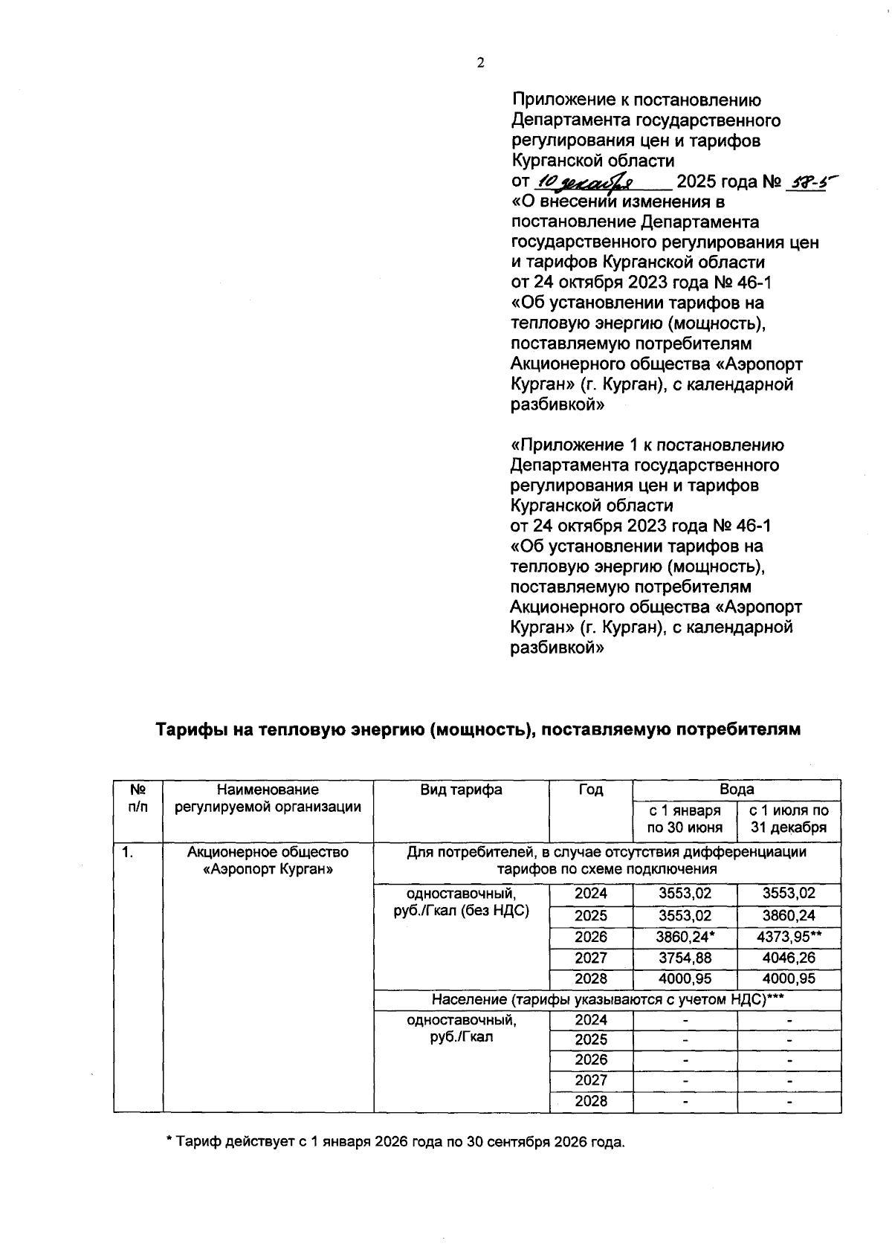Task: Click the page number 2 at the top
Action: [480, 62]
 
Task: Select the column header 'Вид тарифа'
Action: [461, 790]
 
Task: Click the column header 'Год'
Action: [591, 790]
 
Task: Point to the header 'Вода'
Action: [736, 790]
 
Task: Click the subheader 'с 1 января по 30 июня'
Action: [684, 819]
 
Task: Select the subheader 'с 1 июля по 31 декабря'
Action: [788, 819]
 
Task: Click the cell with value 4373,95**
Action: [788, 937]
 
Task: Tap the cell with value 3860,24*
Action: [685, 937]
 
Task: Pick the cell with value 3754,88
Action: [685, 958]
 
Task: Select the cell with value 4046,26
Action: [788, 958]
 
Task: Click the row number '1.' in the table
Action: [129, 853]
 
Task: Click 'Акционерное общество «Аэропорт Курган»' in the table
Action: [268, 861]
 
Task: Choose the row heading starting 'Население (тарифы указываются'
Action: [607, 999]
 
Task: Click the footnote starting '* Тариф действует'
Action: [395, 1142]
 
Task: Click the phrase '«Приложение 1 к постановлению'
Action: [647, 445]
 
